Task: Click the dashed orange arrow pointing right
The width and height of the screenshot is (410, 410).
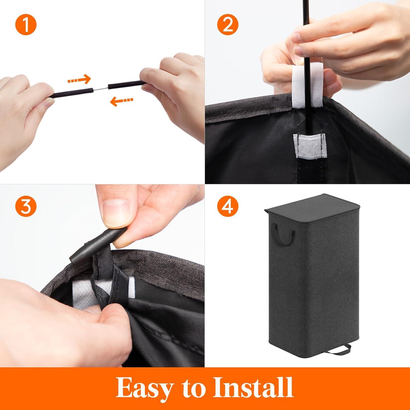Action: coord(79,80)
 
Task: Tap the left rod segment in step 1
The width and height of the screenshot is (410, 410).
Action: coord(73,91)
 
